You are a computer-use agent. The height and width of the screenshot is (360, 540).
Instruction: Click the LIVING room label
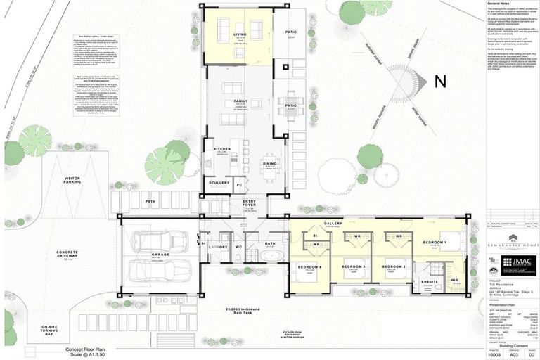tap(240, 34)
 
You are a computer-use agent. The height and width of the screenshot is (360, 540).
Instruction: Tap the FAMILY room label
tap(240, 101)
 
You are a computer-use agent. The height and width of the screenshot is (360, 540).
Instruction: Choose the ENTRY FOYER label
tap(250, 204)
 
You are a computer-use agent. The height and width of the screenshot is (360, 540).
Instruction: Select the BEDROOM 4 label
tap(310, 267)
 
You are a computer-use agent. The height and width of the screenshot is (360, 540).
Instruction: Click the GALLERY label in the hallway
tap(333, 224)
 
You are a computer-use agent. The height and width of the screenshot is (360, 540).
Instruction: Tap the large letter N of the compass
tap(440, 82)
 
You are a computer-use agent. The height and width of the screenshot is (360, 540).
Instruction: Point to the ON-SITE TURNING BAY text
tap(50, 330)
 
